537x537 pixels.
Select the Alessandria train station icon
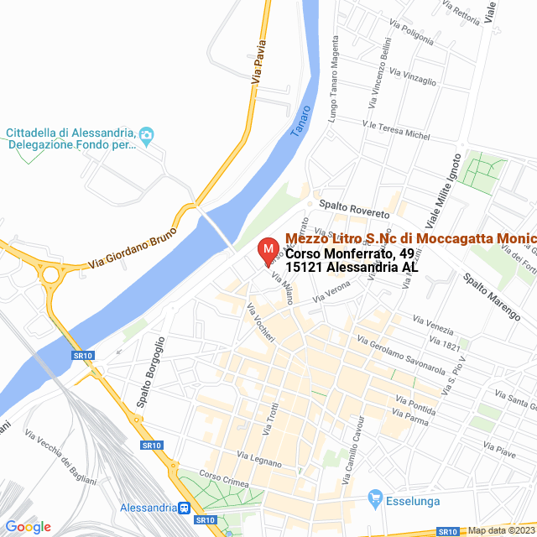point(183,508)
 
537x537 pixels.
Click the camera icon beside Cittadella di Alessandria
point(147,134)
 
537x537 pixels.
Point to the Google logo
point(28,527)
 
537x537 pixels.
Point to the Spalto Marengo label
point(491,295)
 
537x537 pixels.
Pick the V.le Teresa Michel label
point(395,130)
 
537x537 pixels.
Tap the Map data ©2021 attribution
point(500,529)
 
